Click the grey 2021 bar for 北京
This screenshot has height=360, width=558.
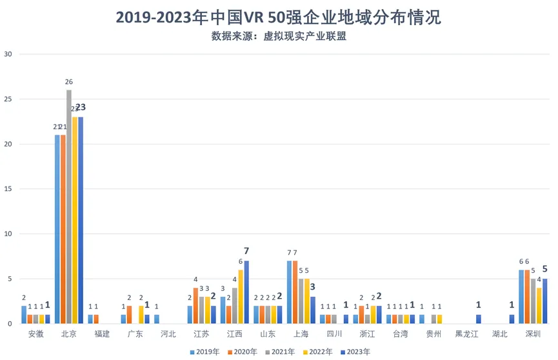[x=68, y=206]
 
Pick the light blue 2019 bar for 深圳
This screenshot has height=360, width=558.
[x=521, y=297]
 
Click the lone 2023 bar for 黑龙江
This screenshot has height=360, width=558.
[x=478, y=319]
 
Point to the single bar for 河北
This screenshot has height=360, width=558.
[x=157, y=319]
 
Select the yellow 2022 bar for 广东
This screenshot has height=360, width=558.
[x=141, y=315]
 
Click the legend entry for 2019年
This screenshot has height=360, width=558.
[x=205, y=352]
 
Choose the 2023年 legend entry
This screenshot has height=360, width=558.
[x=355, y=352]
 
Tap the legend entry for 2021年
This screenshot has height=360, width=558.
[x=281, y=352]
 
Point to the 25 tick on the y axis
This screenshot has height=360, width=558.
[x=8, y=99]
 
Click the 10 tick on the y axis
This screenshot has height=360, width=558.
[x=8, y=234]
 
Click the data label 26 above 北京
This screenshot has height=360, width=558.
[x=68, y=82]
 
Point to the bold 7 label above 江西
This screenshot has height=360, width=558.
[x=246, y=250]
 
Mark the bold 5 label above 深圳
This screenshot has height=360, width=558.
[x=545, y=268]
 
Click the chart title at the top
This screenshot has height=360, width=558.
[x=279, y=17]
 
